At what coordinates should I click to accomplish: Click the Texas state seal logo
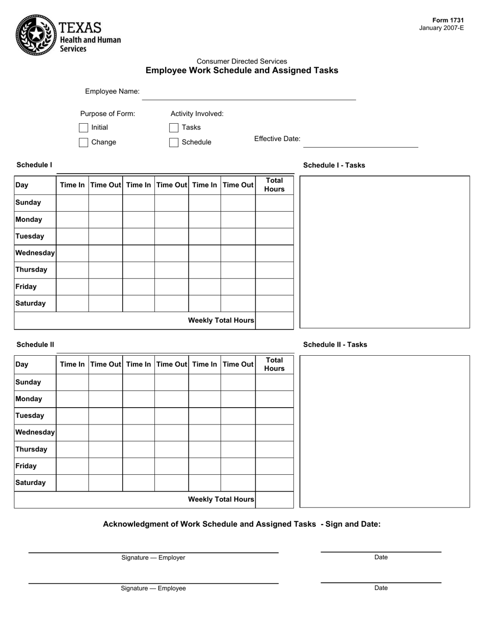coord(36,35)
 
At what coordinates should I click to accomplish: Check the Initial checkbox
coord(84,128)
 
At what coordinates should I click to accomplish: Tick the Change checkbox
coord(84,143)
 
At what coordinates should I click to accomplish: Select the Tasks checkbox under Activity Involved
coord(174,128)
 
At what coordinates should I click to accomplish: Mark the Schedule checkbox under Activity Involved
coord(174,143)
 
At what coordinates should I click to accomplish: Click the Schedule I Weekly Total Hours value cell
coord(274,321)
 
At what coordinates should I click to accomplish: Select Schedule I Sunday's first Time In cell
coord(72,203)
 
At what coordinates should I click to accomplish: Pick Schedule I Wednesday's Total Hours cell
coord(274,253)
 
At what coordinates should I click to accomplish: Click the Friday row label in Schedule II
coord(26,466)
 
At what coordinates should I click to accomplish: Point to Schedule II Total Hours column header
coord(274,364)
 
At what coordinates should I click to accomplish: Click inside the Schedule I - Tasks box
coord(384,252)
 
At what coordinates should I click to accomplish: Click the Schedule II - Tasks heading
coord(335,345)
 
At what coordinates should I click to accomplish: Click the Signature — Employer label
coord(153,557)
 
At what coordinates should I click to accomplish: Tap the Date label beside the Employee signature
coord(381,588)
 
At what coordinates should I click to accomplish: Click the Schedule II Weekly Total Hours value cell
coord(274,500)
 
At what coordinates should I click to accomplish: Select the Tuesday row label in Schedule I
coord(30,236)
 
